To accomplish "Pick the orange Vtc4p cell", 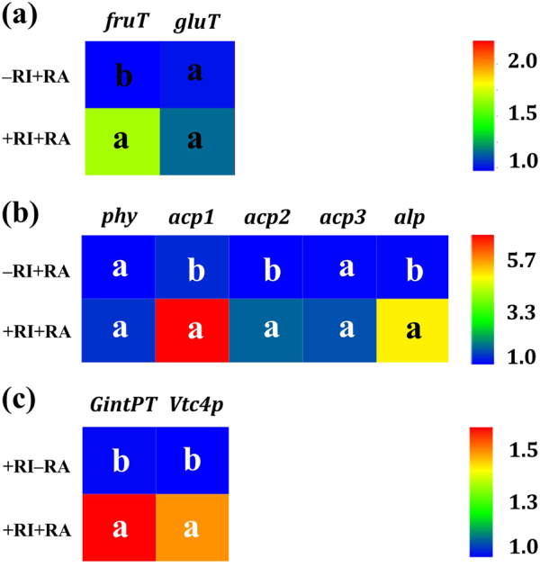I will pyautogui.click(x=192, y=526).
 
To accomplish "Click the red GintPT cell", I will pyautogui.click(x=119, y=526).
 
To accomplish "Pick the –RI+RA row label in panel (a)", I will pyautogui.click(x=41, y=75).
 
